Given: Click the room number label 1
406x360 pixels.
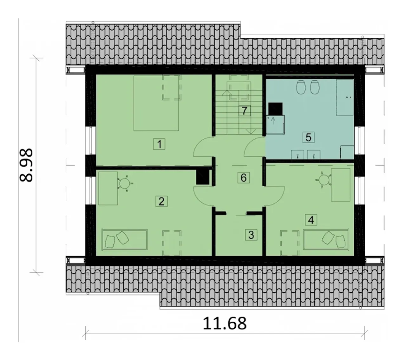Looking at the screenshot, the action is [159, 144].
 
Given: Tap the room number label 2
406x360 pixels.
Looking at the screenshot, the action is [161, 201].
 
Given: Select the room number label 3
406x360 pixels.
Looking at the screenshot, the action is [251, 235].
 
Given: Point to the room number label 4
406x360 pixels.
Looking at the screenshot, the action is [311, 220].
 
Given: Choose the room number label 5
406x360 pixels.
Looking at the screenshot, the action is [308, 137].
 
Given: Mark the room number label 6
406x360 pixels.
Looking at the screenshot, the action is [244, 177].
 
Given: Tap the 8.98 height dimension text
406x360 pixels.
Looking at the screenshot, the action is [26, 165].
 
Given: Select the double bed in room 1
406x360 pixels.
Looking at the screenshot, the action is [156, 103].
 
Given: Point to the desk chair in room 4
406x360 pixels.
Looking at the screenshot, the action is [323, 179].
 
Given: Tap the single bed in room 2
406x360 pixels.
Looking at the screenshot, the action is [125, 240].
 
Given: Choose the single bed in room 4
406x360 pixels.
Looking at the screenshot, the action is [326, 239].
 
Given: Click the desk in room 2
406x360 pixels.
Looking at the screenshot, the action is [108, 188].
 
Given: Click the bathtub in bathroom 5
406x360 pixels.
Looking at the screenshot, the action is [345, 97].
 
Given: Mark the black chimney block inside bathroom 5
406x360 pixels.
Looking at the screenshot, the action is [275, 109].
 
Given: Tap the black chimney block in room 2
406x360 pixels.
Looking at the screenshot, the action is [203, 177].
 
